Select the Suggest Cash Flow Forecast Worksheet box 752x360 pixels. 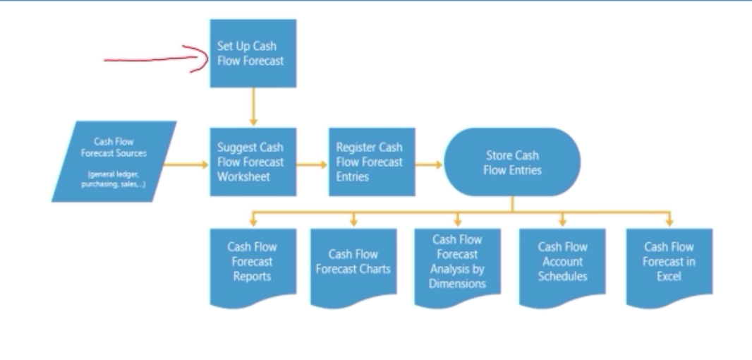click(x=252, y=162)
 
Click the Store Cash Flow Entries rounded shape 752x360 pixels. click(x=512, y=162)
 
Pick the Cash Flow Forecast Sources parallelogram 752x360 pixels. click(x=114, y=162)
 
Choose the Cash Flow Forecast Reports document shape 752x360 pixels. click(x=252, y=263)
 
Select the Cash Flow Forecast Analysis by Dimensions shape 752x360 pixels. click(x=457, y=263)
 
